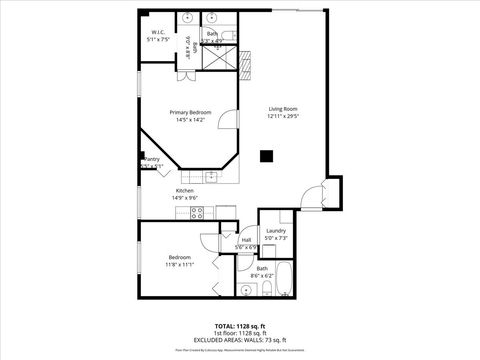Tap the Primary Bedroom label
pyautogui.click(x=190, y=113)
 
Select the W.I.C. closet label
pyautogui.click(x=158, y=33)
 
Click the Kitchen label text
pyautogui.click(x=185, y=190)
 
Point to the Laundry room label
pyautogui.click(x=276, y=232)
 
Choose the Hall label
pyautogui.click(x=246, y=239)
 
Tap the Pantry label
pyautogui.click(x=152, y=159)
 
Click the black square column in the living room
pyautogui.click(x=267, y=155)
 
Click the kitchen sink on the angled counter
pyautogui.click(x=211, y=177)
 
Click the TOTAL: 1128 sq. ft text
pyautogui.click(x=239, y=326)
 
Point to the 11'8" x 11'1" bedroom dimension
pyautogui.click(x=180, y=264)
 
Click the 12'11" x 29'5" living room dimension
pyautogui.click(x=283, y=117)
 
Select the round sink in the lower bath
pyautogui.click(x=246, y=290)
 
